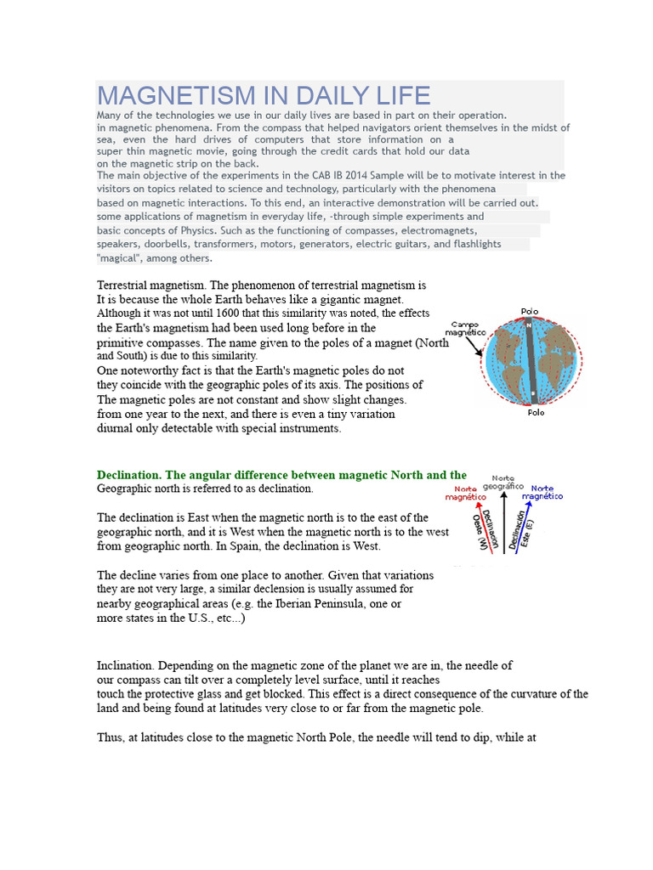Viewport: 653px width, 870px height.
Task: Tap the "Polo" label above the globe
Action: [x=531, y=312]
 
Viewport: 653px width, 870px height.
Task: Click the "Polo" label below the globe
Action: [x=536, y=412]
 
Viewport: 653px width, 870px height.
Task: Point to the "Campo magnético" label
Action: [x=467, y=329]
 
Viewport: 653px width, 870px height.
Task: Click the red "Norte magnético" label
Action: [x=466, y=494]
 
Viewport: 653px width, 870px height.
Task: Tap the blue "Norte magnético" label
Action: [x=542, y=493]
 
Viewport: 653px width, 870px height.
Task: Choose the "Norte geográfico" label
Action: [x=503, y=482]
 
